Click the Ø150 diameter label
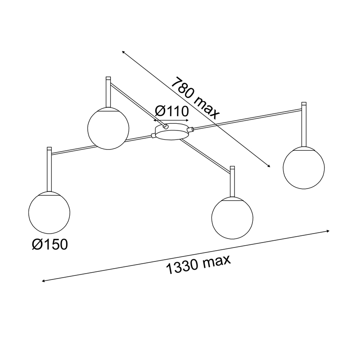coord(50,244)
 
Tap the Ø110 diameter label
coord(172,111)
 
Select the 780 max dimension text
coord(195,98)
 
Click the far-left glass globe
coord(49,212)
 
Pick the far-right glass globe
coord(304,168)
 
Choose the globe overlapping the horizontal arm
coord(108,129)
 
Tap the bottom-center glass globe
coord(232,218)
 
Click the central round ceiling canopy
coord(172,131)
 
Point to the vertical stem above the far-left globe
coord(49,170)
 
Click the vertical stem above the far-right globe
coord(304,125)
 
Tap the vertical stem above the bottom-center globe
coord(232,182)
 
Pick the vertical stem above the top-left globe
coord(108,92)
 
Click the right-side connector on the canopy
coord(190,130)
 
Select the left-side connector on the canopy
coord(153,136)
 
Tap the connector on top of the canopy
coord(165,126)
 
